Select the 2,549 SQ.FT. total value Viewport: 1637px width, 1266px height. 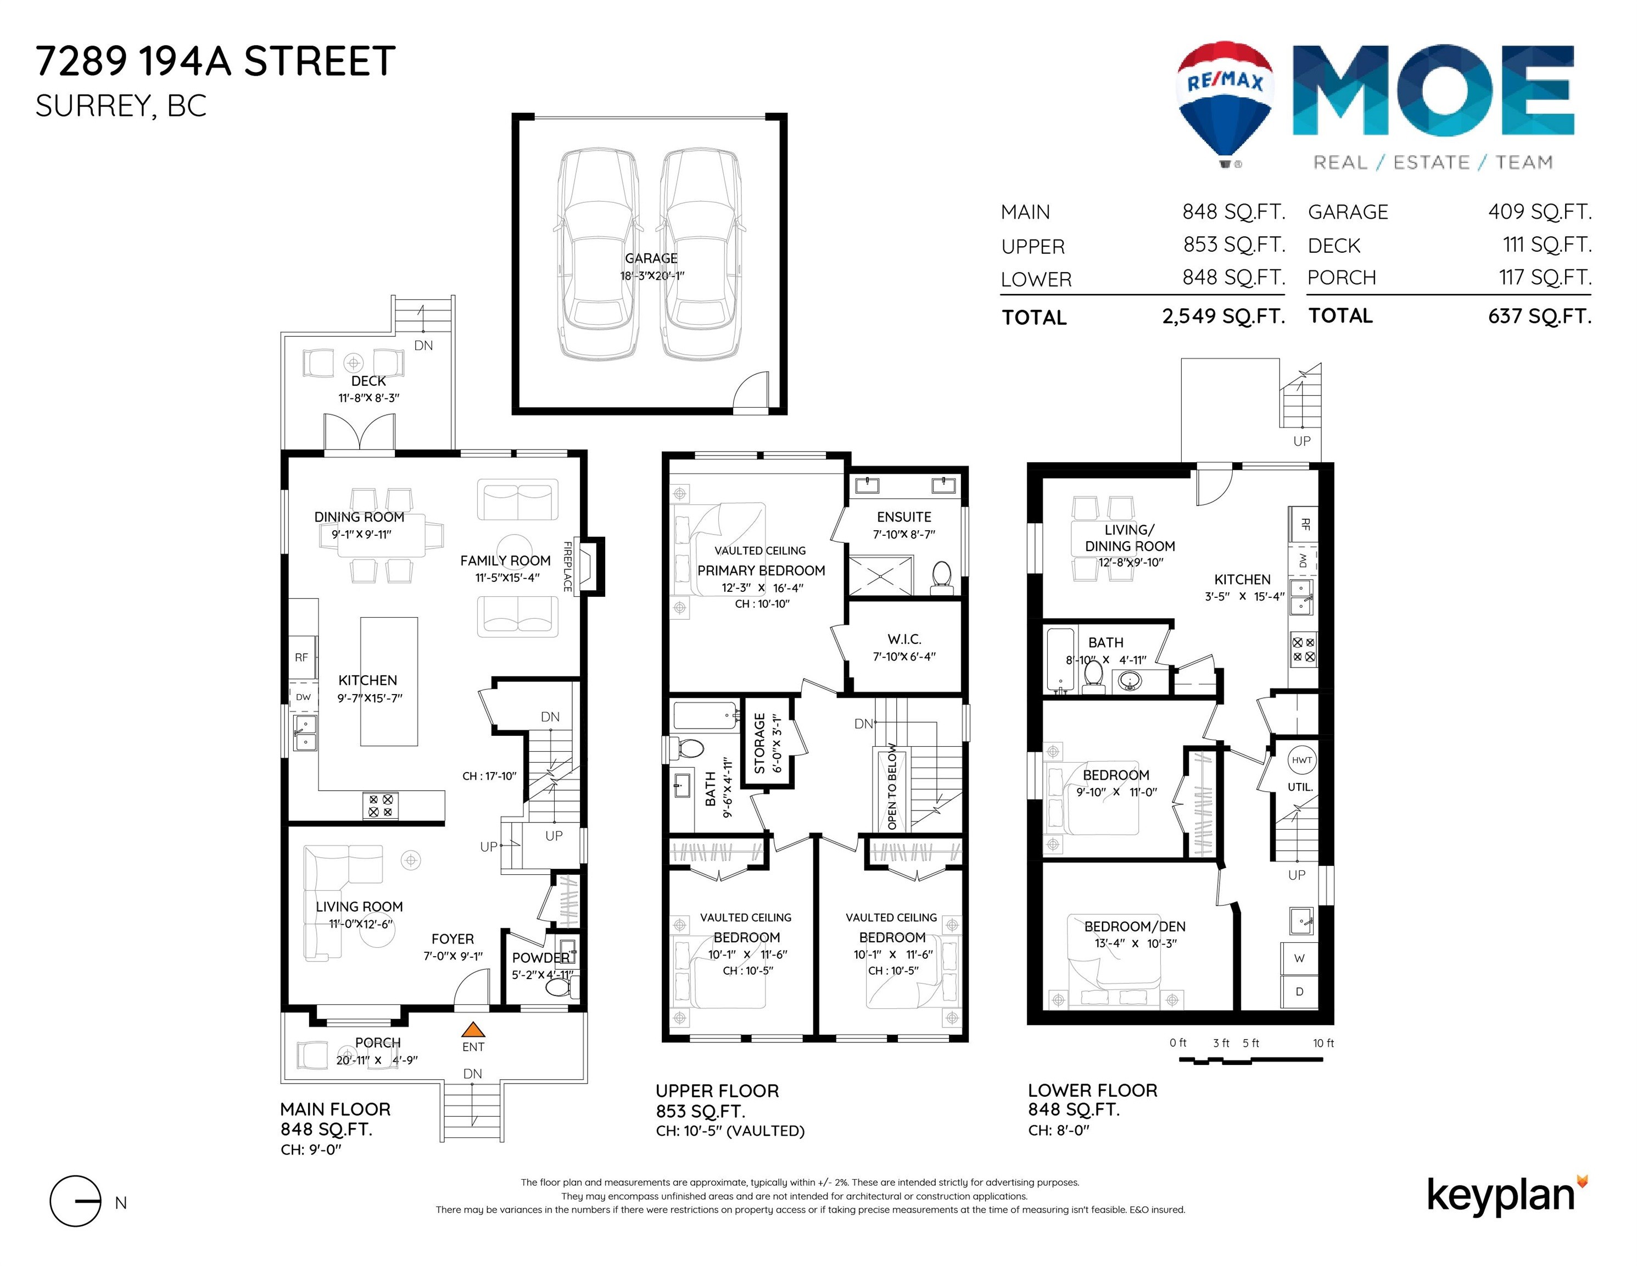coord(1223,316)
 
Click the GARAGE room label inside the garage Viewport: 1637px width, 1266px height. coord(651,258)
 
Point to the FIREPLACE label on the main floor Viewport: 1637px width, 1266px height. coord(567,567)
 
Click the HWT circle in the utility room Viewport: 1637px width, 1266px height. coord(1301,760)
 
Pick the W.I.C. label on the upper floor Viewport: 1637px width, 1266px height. coord(904,639)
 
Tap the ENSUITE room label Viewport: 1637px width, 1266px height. coord(904,517)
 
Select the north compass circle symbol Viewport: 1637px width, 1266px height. coord(75,1201)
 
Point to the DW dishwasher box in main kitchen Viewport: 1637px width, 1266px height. coord(303,697)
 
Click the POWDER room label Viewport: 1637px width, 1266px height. coord(540,958)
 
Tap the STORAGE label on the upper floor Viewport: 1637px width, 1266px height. coord(759,742)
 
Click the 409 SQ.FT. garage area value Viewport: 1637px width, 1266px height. coord(1540,212)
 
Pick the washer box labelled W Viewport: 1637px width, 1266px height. coord(1299,958)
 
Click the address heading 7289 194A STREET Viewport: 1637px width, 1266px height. coord(215,61)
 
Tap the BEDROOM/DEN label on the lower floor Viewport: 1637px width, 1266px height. coord(1134,926)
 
